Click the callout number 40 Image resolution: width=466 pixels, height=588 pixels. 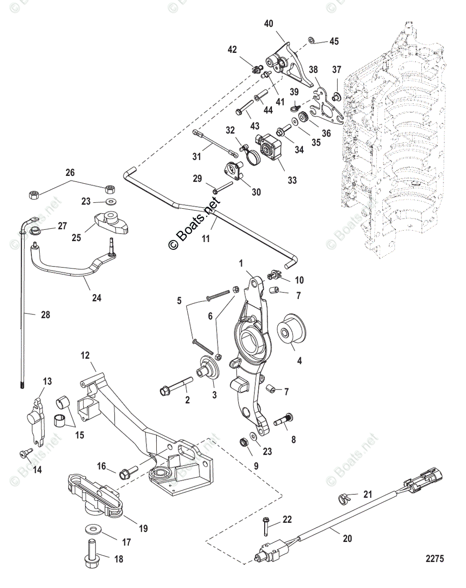tap(269, 23)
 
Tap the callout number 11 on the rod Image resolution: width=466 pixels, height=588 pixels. tap(206, 239)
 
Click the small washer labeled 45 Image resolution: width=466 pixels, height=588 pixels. tap(312, 40)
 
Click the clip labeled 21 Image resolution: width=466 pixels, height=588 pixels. tap(343, 499)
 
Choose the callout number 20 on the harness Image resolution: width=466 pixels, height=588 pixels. tap(347, 538)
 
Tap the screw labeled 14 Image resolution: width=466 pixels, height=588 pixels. tap(25, 453)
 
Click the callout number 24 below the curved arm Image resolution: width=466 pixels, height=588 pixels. tap(97, 297)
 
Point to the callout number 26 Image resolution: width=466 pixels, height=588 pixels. tap(71, 172)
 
